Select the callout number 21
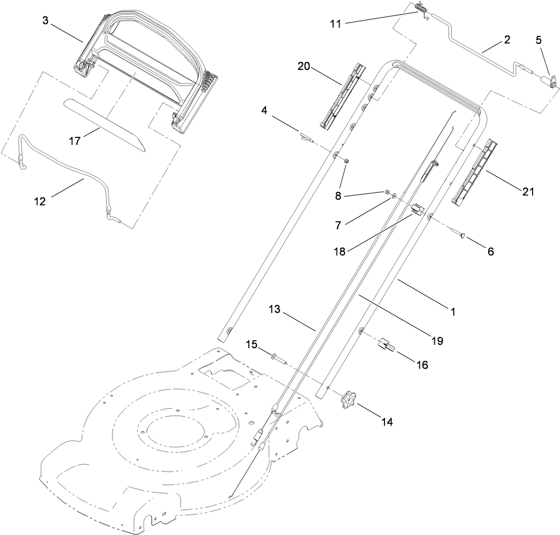click(x=528, y=191)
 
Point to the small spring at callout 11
click(x=422, y=8)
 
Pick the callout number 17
click(x=75, y=141)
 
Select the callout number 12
click(x=40, y=202)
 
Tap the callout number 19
click(x=437, y=341)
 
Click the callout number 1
click(x=453, y=312)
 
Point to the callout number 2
click(x=507, y=40)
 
